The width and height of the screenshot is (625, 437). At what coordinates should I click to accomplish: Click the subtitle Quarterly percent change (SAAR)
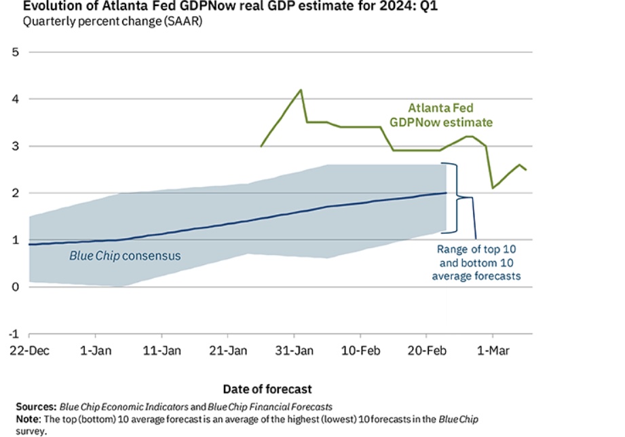point(112,21)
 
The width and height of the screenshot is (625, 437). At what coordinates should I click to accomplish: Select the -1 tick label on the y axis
point(14,334)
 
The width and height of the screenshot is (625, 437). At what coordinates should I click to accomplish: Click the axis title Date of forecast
point(267,389)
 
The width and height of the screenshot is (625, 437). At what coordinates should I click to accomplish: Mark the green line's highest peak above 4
point(301,90)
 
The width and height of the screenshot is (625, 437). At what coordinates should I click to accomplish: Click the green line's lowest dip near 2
point(493,188)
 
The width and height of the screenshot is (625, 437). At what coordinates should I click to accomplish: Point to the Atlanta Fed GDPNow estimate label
point(450,115)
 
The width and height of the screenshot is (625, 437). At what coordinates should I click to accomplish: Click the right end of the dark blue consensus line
point(446,193)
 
